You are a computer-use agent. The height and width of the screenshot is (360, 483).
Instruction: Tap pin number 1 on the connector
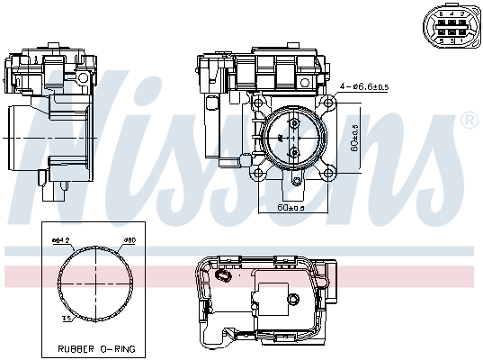461,40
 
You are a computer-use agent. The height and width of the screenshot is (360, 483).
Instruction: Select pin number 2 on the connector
461,14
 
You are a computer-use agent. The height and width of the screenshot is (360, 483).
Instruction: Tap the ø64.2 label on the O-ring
61,240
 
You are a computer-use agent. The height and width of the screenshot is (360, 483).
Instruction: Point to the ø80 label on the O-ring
129,240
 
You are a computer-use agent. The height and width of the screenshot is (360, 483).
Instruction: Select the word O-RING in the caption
117,347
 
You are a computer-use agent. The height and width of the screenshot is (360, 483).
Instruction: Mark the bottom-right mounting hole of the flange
328,172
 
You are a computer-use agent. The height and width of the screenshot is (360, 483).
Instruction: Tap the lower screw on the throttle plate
294,155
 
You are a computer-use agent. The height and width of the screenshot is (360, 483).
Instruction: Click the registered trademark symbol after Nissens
469,119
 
